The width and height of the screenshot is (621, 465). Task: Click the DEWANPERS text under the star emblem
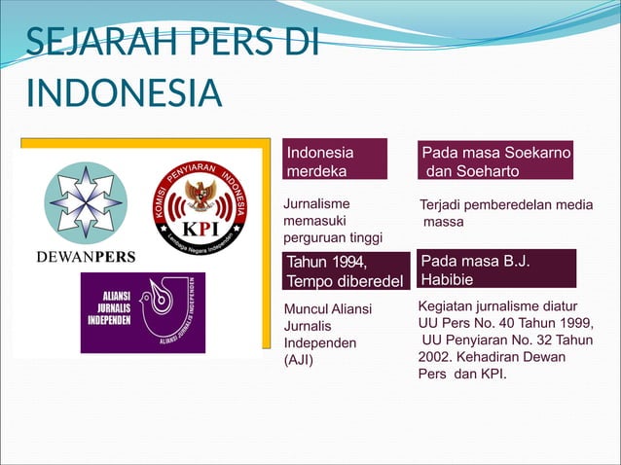pyautogui.click(x=86, y=258)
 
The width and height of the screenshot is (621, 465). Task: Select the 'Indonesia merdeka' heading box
pyautogui.click(x=335, y=161)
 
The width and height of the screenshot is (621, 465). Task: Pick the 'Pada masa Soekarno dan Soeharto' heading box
pyautogui.click(x=495, y=161)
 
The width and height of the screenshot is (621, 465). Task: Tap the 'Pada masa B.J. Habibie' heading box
pyautogui.click(x=495, y=269)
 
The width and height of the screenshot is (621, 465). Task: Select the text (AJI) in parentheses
pyautogui.click(x=297, y=361)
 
